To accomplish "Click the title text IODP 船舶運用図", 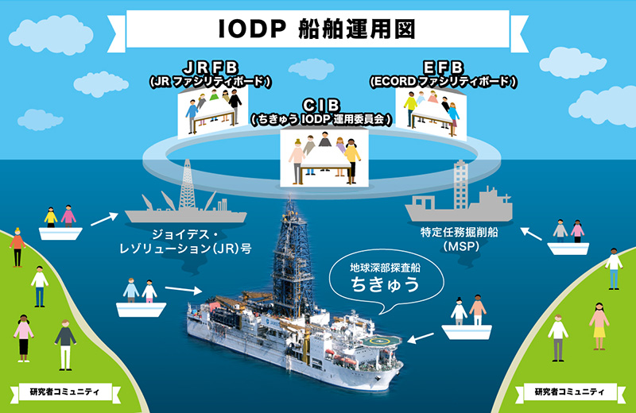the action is [316, 29].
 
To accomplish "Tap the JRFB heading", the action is [211, 67].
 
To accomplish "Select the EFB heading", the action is [444, 68].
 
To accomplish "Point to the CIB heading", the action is [321, 105].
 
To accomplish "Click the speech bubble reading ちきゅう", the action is [386, 280].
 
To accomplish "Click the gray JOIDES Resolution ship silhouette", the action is [186, 199].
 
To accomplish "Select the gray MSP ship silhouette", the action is [460, 195].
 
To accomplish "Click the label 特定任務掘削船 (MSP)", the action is [460, 239].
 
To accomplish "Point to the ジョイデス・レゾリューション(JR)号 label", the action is [185, 241].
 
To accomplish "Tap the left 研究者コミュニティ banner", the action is [64, 392].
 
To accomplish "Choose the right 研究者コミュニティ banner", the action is [570, 392].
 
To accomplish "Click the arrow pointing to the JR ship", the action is [104, 219].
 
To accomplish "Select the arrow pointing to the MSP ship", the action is [531, 234].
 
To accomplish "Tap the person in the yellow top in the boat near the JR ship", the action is [51, 218].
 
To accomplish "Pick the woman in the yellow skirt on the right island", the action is [599, 326].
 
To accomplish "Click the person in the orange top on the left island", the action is [17, 247].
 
